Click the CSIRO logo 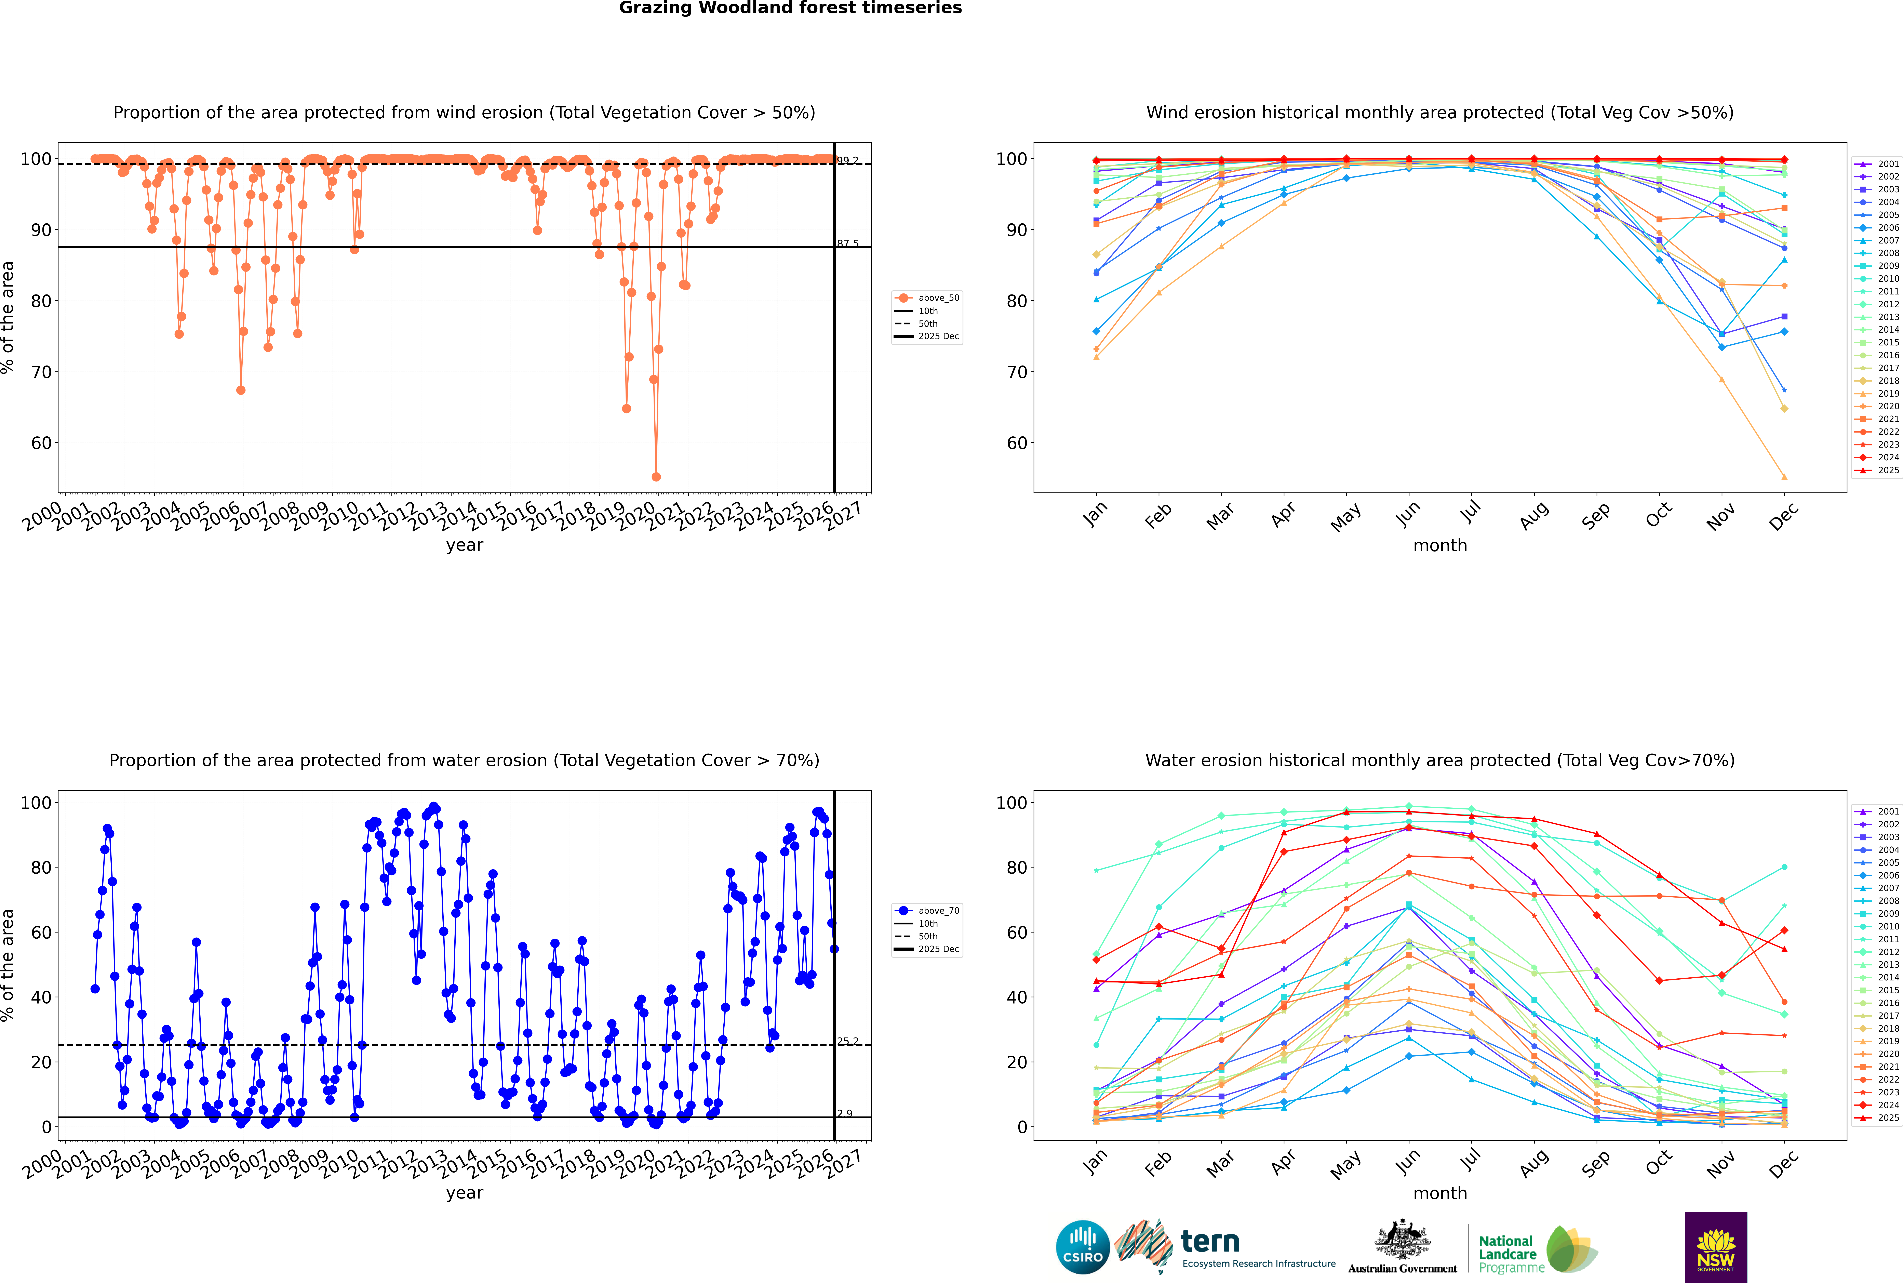point(1082,1247)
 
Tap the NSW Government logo point(1716,1246)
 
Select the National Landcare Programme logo point(1537,1249)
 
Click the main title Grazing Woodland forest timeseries point(790,8)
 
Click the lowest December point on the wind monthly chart point(1784,477)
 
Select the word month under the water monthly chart point(1440,1193)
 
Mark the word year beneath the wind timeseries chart point(464,545)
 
